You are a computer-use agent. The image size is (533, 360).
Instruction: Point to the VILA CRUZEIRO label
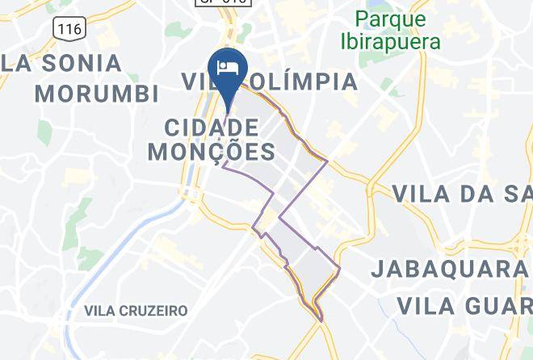(x=136, y=311)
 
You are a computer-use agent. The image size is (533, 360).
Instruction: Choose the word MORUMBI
(x=96, y=93)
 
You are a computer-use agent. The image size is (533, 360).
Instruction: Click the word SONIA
(x=78, y=62)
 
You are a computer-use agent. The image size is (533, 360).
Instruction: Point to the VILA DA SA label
(x=462, y=194)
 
